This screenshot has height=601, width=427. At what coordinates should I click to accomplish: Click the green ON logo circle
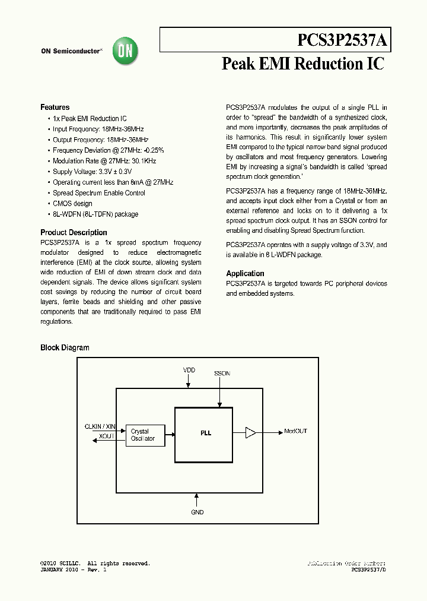pos(126,52)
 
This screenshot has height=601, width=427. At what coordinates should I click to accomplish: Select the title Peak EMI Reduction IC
pos(302,64)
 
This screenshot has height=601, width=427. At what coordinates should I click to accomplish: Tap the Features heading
pos(55,107)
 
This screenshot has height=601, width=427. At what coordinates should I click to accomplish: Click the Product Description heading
pos(74,233)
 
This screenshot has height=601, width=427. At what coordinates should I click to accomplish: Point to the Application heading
pos(245,274)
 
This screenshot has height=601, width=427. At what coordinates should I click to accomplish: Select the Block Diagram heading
pos(65,348)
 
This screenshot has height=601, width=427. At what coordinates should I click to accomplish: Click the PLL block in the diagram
pos(203,434)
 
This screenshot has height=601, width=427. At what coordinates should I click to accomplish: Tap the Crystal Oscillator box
pos(143,435)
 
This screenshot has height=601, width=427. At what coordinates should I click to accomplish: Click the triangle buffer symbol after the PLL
pos(250,432)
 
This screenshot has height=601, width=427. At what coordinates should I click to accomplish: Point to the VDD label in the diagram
pos(189,370)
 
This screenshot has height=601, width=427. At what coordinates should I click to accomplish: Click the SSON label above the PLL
pos(222,374)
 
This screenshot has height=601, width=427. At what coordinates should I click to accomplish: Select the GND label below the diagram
pos(197,512)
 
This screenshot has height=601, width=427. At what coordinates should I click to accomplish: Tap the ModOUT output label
pos(295,432)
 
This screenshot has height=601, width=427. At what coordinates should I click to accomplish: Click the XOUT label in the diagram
pos(107,436)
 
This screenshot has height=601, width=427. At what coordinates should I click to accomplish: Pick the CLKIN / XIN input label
pos(100,427)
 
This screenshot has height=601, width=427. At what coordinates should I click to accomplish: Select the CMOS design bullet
pos(72,204)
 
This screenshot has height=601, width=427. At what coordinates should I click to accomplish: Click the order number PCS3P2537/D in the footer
pos(368,570)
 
